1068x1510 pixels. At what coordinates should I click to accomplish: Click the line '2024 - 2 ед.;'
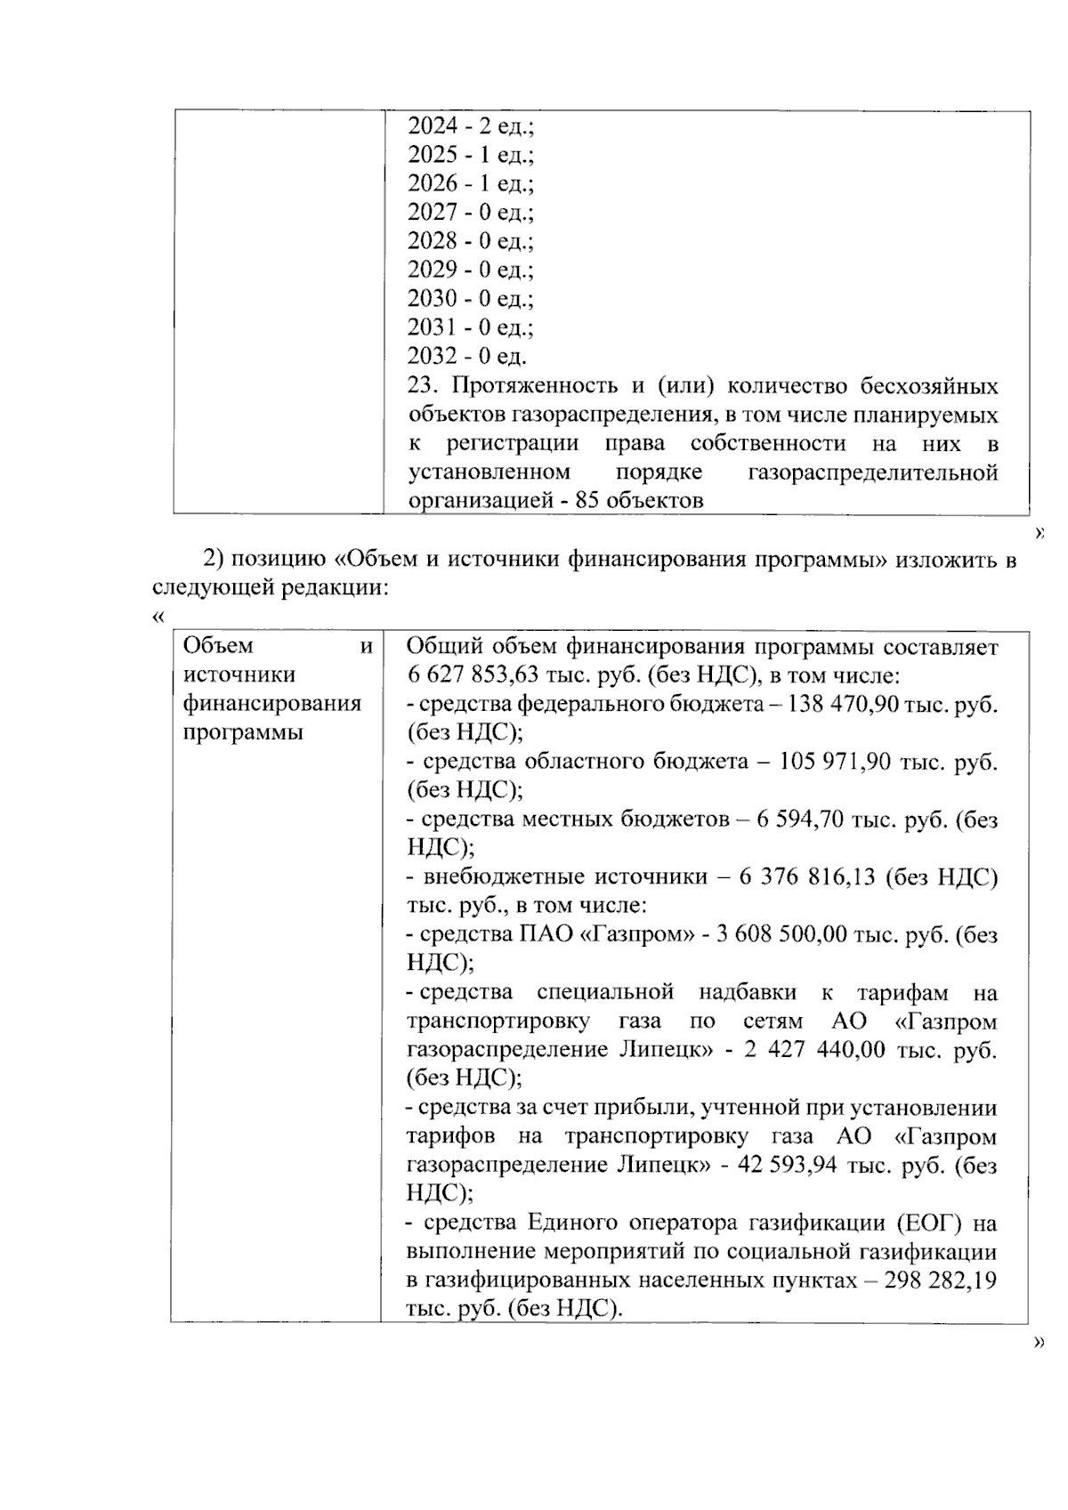(x=470, y=126)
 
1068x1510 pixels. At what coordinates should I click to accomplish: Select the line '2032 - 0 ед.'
(x=466, y=357)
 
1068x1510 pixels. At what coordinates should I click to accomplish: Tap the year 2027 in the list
(x=432, y=213)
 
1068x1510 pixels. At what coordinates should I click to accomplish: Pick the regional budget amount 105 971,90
(x=835, y=762)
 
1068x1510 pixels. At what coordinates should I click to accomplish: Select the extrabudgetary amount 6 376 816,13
(x=807, y=878)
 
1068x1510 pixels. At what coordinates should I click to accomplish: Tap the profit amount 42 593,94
(x=789, y=1166)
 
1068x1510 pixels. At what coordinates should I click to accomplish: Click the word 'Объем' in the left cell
(x=217, y=646)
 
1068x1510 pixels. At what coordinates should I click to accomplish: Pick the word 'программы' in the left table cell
(x=242, y=732)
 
